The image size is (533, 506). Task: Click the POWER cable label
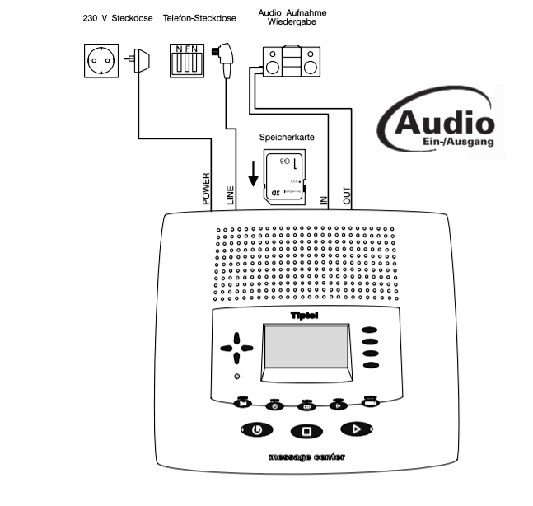coord(207,189)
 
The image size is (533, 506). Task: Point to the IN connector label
coord(324,199)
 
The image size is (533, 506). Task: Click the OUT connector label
coord(347,194)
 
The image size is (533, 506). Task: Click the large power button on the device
coord(257,429)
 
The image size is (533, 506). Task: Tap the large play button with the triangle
coord(357,429)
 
